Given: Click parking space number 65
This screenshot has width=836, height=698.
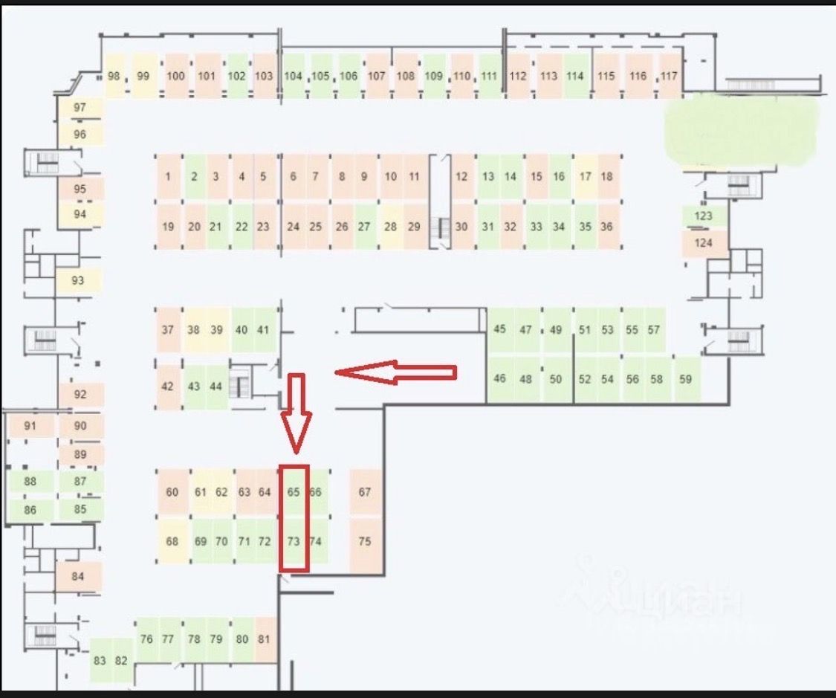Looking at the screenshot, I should tap(294, 491).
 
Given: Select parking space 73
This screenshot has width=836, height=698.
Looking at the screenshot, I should tap(294, 541).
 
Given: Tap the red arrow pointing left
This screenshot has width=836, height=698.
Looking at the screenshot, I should tap(395, 372).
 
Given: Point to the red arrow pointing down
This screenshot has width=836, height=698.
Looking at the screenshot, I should tap(296, 412).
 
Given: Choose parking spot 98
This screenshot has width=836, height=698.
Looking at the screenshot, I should tap(114, 76).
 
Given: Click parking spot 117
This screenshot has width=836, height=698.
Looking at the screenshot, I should tap(670, 76).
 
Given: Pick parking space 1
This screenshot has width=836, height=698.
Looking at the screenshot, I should tap(169, 177).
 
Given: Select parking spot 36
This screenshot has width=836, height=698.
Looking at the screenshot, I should tap(607, 227).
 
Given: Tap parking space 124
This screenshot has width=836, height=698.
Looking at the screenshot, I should tap(703, 243).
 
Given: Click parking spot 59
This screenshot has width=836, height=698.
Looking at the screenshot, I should tap(685, 379).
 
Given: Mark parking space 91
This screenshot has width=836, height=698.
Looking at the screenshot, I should tap(30, 426).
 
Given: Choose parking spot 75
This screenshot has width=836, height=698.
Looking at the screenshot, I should tap(364, 541).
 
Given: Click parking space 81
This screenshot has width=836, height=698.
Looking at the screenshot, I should tap(265, 639).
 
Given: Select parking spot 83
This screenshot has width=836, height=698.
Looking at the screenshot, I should tap(100, 661).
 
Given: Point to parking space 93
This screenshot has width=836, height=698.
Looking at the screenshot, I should tap(78, 280).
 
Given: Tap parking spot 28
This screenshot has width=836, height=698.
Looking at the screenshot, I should tap(391, 227).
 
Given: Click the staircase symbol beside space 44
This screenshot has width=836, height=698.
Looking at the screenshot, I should tap(240, 386).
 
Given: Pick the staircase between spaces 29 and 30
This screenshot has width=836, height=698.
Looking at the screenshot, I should tap(443, 223).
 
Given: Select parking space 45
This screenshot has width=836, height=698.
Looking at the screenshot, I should tap(499, 329).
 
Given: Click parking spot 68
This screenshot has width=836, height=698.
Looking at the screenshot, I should tap(172, 541).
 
